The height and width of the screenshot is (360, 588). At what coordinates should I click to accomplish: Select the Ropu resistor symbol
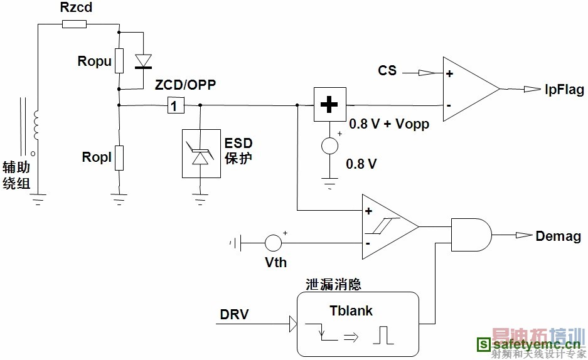[x=119, y=61]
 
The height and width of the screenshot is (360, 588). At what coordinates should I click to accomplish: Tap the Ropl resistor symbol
[x=119, y=157]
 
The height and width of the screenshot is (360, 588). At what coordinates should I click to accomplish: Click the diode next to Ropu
[x=144, y=61]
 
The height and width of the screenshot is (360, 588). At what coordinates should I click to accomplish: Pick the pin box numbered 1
[x=176, y=106]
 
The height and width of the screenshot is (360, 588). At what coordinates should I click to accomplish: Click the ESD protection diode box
[x=201, y=153]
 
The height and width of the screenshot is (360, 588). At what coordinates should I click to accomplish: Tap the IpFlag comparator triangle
[x=468, y=88]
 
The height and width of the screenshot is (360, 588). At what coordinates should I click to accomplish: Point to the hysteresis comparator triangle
[x=386, y=226]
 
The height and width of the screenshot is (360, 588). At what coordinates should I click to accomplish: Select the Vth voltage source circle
[x=273, y=241]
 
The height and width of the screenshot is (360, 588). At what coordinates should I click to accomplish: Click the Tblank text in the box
[x=351, y=310]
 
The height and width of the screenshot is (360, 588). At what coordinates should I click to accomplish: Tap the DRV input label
[x=234, y=314]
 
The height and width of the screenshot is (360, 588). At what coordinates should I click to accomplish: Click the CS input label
[x=387, y=70]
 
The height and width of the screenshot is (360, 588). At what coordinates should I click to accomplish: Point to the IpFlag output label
[x=564, y=89]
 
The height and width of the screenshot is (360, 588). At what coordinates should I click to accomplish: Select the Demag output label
[x=558, y=236]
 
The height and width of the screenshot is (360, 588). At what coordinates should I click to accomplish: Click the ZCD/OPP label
[x=185, y=85]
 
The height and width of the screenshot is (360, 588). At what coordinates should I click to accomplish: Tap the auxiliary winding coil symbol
[x=36, y=125]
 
